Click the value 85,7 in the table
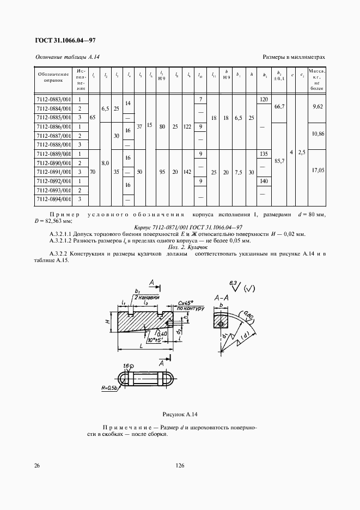pyautogui.click(x=279, y=162)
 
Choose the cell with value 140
pyautogui.click(x=265, y=180)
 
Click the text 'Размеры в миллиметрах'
pyautogui.click(x=294, y=57)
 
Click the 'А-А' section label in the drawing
pyautogui.click(x=220, y=298)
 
